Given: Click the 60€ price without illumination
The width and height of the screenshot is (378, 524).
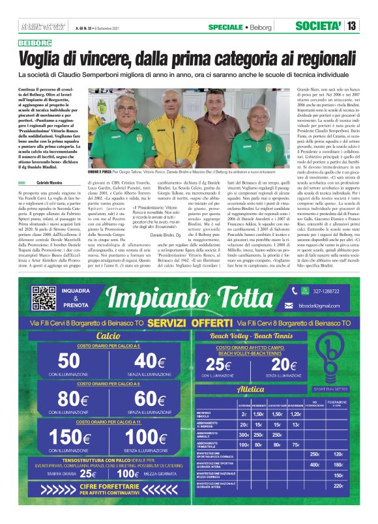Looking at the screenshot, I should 149,397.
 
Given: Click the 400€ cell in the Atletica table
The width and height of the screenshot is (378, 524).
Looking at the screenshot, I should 315,464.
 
